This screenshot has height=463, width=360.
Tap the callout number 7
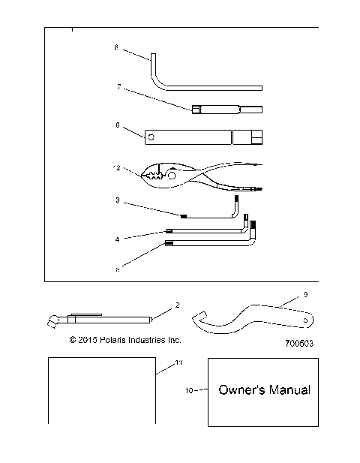[x=118, y=87]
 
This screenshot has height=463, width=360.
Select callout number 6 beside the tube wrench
[x=117, y=126]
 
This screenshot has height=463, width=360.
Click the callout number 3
[x=117, y=200]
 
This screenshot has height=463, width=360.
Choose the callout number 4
[x=117, y=239]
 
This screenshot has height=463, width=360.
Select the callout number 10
[x=189, y=390]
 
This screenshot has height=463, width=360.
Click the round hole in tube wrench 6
[x=151, y=137]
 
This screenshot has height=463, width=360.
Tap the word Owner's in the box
[x=238, y=390]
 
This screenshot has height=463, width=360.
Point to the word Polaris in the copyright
[x=116, y=340]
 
